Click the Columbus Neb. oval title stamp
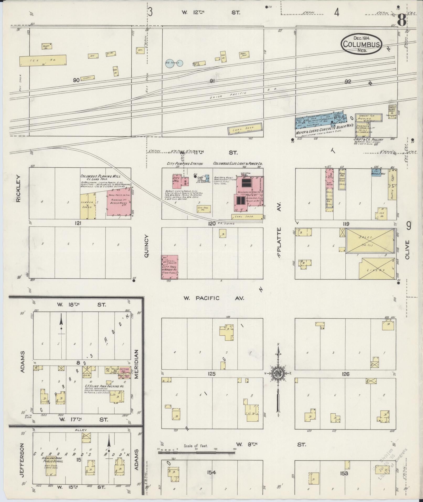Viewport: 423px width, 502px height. [x=362, y=44]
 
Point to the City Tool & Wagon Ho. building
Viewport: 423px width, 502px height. [x=170, y=267]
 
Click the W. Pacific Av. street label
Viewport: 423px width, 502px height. [x=213, y=298]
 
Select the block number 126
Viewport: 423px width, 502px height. [x=346, y=374]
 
